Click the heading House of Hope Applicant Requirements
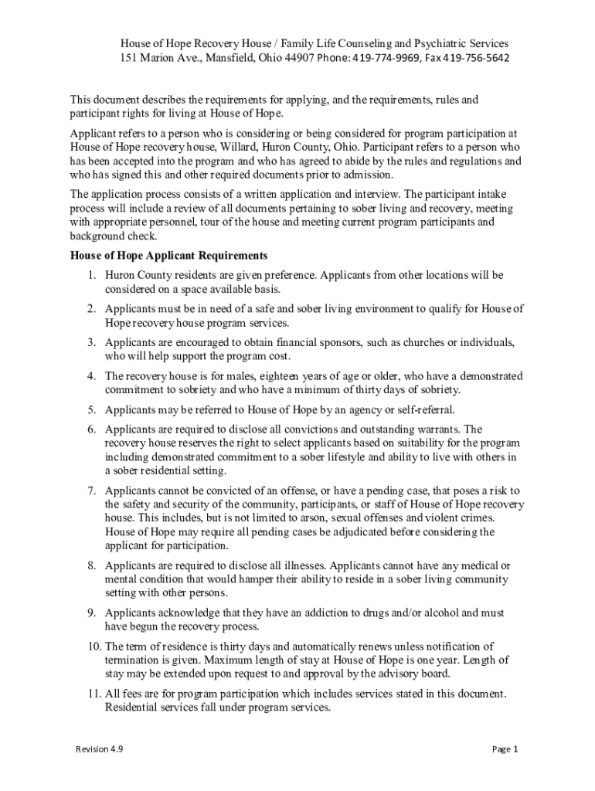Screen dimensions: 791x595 (x=169, y=256)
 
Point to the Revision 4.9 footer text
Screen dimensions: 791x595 (x=99, y=749)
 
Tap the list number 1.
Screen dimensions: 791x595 (x=90, y=275)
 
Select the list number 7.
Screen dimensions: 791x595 (x=90, y=491)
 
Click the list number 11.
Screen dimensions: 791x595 (x=93, y=694)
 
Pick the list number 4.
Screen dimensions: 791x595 (x=90, y=376)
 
